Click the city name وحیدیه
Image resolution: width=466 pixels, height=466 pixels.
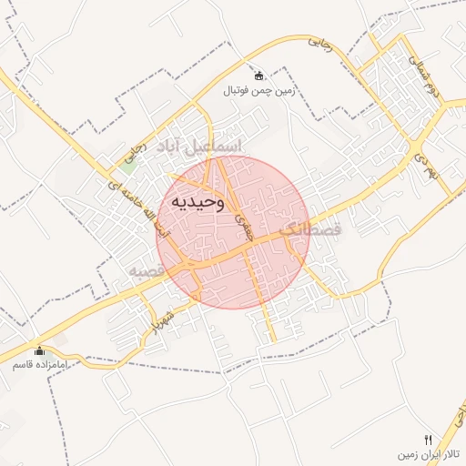coord(195,201)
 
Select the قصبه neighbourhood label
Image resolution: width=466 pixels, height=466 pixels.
coord(146,271)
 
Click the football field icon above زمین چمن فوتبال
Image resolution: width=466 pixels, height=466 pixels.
coord(259,76)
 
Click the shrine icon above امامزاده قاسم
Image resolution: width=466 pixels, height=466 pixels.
coord(39,350)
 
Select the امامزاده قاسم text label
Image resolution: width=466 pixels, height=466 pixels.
coord(38,364)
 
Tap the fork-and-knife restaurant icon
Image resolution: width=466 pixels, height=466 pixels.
coord(429,439)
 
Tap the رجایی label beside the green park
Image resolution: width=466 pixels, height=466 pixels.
coord(138,147)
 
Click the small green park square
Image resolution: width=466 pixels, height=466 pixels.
coord(128,166)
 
